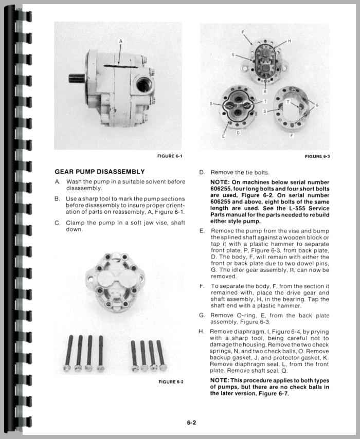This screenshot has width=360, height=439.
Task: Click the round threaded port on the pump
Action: pos(142,83)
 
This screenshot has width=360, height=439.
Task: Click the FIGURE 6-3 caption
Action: pos(317,156)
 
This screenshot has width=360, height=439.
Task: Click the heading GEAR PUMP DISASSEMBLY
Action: pos(99,172)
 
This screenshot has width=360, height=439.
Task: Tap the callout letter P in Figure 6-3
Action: pos(243,33)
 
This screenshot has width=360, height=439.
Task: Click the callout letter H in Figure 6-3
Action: pos(289,41)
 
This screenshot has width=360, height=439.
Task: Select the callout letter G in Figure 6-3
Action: pos(317,105)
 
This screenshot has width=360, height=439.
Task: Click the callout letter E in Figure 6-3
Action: pos(223,136)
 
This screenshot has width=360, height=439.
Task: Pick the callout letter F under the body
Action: pos(292,136)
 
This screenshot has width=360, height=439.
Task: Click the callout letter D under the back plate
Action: pos(238,133)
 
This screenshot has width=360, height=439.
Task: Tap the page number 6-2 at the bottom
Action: pos(191,423)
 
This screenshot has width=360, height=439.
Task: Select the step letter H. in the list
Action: pos(201,332)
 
